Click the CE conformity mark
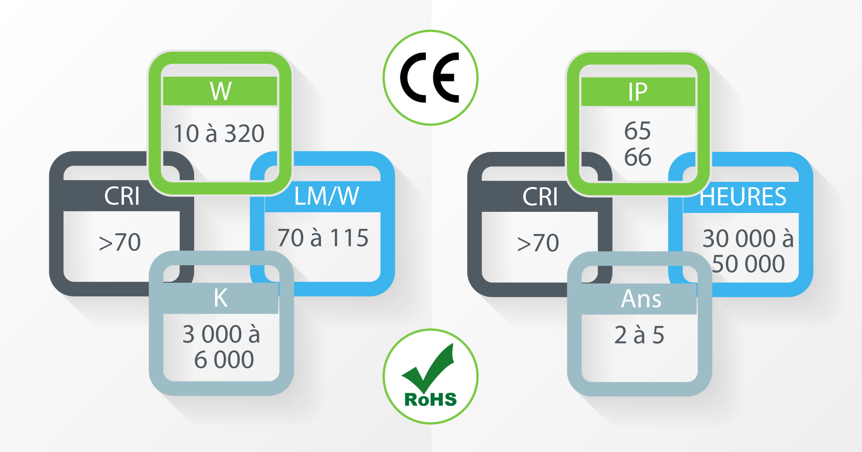tap(430, 77)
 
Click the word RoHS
tap(431, 399)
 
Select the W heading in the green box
tap(221, 91)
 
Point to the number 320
tap(245, 133)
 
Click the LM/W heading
tap(327, 196)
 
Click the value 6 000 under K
tap(224, 360)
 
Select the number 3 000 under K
tap(212, 334)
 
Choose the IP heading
tap(638, 92)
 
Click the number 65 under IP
tap(637, 131)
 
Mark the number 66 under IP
tap(637, 157)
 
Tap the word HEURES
tap(743, 197)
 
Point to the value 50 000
tap(748, 264)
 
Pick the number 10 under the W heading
tap(186, 133)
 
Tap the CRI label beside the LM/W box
tap(122, 196)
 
